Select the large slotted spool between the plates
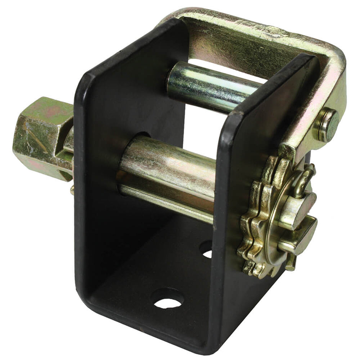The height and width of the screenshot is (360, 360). coord(169,169)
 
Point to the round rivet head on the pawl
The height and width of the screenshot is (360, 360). coord(328,124)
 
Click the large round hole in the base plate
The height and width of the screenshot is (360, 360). coord(167,298)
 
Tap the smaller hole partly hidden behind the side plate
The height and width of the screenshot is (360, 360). coord(206,250)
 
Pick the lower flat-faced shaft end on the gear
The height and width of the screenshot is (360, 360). coord(303,237)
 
